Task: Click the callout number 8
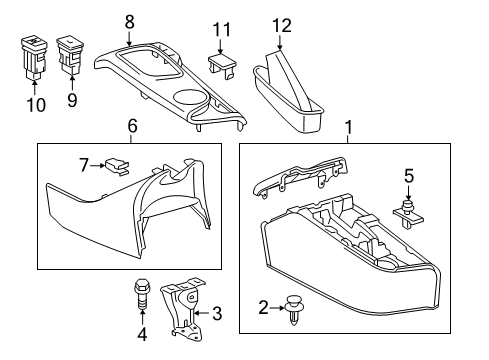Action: tap(130, 22)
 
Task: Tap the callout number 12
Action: tap(282, 25)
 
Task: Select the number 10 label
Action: tap(36, 105)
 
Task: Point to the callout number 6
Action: tap(132, 126)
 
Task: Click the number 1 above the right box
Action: tap(349, 128)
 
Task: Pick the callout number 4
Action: tap(142, 334)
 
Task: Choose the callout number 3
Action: tap(217, 313)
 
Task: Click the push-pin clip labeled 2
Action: tap(294, 309)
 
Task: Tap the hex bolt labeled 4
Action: tap(141, 294)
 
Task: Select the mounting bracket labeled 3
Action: tap(183, 308)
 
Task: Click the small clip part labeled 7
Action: tap(116, 166)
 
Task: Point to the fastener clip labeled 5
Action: tap(408, 214)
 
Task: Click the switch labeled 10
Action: tap(34, 57)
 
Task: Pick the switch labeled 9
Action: tap(71, 55)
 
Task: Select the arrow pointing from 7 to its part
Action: tap(97, 165)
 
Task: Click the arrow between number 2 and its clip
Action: tap(277, 308)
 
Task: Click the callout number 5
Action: tap(409, 176)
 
